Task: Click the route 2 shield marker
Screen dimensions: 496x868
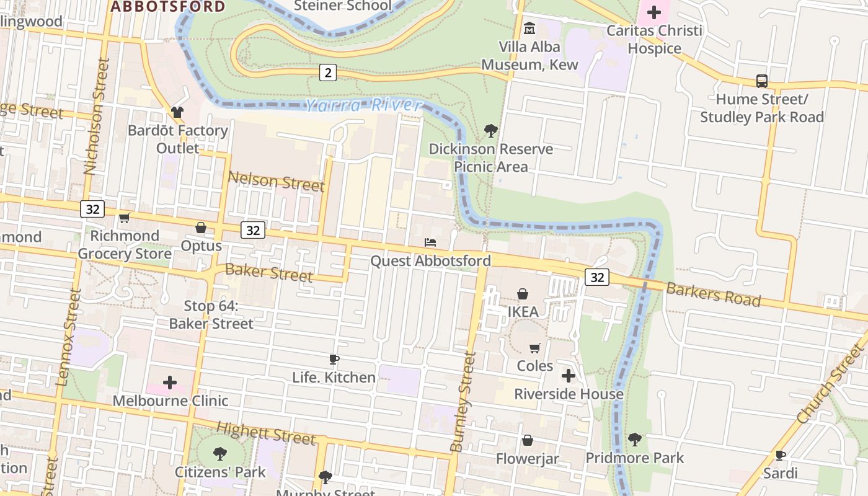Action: click(x=328, y=73)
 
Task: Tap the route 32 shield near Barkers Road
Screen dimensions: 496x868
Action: click(x=597, y=277)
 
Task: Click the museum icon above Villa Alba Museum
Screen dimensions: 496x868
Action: click(x=529, y=29)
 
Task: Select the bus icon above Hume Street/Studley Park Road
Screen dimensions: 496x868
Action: click(x=761, y=81)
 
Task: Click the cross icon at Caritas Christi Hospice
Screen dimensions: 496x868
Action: click(x=654, y=12)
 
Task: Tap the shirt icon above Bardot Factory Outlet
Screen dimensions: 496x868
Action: click(x=177, y=112)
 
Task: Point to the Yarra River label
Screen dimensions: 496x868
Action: click(x=363, y=105)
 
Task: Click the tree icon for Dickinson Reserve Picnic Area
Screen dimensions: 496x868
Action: click(x=490, y=131)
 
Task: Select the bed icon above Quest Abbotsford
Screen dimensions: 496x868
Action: click(x=430, y=242)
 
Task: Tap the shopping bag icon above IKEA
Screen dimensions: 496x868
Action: click(x=523, y=294)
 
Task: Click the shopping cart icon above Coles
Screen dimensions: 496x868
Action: click(x=534, y=348)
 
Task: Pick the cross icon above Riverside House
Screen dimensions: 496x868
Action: click(x=569, y=376)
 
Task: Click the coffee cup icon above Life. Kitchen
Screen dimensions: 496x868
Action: click(x=334, y=360)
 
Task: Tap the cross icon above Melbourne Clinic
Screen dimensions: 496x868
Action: click(x=170, y=383)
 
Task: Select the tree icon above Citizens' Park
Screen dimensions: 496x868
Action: click(x=219, y=454)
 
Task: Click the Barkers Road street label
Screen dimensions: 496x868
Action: click(x=713, y=294)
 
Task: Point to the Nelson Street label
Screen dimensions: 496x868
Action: click(x=276, y=182)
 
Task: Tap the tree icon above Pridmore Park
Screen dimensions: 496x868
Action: click(x=634, y=440)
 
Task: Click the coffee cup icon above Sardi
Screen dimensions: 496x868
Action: click(x=780, y=456)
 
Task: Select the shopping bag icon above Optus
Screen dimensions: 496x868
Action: click(x=201, y=228)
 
